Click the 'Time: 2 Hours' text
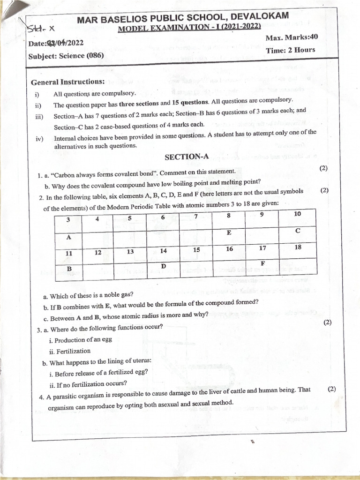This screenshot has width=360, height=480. [x=291, y=50]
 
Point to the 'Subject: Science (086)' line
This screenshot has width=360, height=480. [x=66, y=56]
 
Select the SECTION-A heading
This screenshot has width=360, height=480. [x=187, y=157]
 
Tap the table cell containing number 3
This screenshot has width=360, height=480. [x=68, y=219]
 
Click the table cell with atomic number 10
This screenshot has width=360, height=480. [x=297, y=214]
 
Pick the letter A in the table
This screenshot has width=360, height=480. [x=68, y=237]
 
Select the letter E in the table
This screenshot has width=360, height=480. [x=229, y=232]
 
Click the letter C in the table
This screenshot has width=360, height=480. [x=298, y=231]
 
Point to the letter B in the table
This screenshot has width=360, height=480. [x=69, y=269]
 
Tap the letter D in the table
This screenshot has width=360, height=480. [x=163, y=266]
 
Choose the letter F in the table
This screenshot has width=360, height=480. [x=263, y=264]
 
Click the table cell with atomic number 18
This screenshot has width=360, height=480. [x=298, y=247]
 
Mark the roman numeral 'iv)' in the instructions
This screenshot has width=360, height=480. [x=39, y=139]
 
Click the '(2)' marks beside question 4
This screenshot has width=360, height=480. [x=332, y=389]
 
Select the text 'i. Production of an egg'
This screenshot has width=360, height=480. [x=81, y=340]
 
